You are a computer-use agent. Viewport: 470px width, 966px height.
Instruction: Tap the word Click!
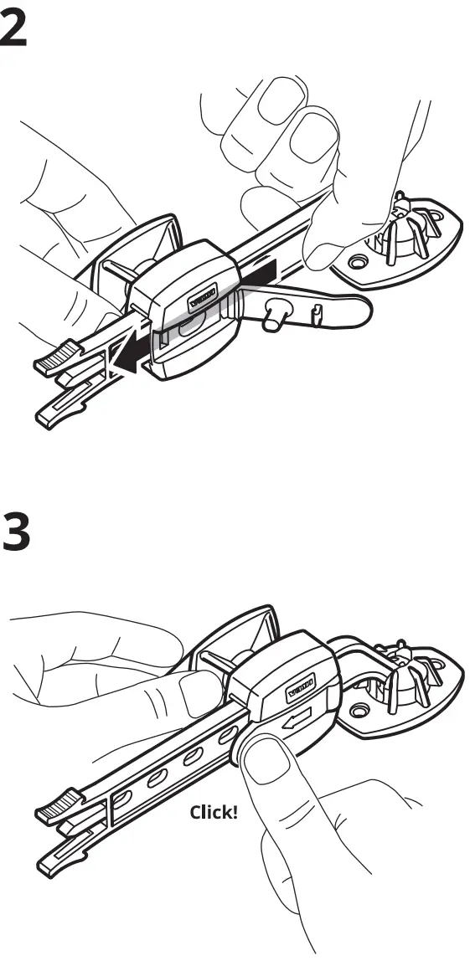click(214, 812)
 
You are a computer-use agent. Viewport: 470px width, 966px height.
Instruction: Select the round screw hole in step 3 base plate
click(360, 710)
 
